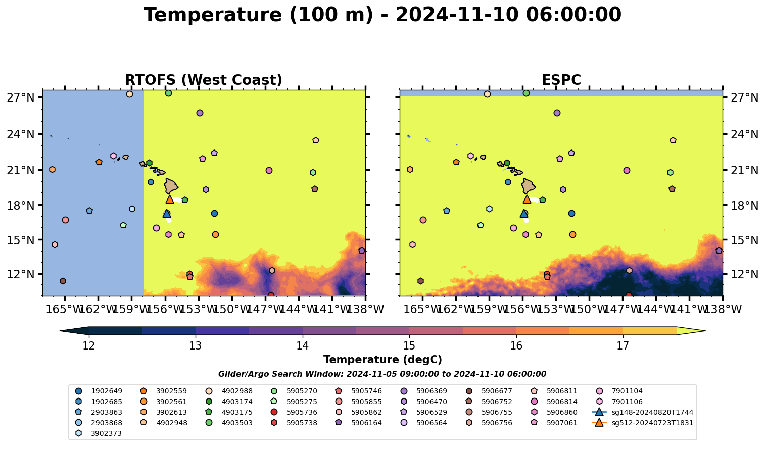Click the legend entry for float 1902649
(x=99, y=391)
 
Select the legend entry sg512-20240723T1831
(x=643, y=423)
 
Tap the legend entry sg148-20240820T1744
(x=643, y=413)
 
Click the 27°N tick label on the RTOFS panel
(x=21, y=98)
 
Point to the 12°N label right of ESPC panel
(x=744, y=274)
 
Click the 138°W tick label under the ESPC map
(x=723, y=309)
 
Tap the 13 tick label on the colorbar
(x=196, y=346)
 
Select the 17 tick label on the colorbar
(x=623, y=346)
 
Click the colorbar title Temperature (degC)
(x=382, y=360)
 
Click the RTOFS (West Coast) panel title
(x=204, y=80)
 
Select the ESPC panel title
(x=561, y=80)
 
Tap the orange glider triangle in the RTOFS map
(x=170, y=199)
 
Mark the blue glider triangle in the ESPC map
(x=524, y=214)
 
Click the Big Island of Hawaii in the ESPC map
(x=529, y=186)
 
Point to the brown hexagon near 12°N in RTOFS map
(x=63, y=281)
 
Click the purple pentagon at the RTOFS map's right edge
(x=362, y=251)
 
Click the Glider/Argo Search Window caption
(x=382, y=374)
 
